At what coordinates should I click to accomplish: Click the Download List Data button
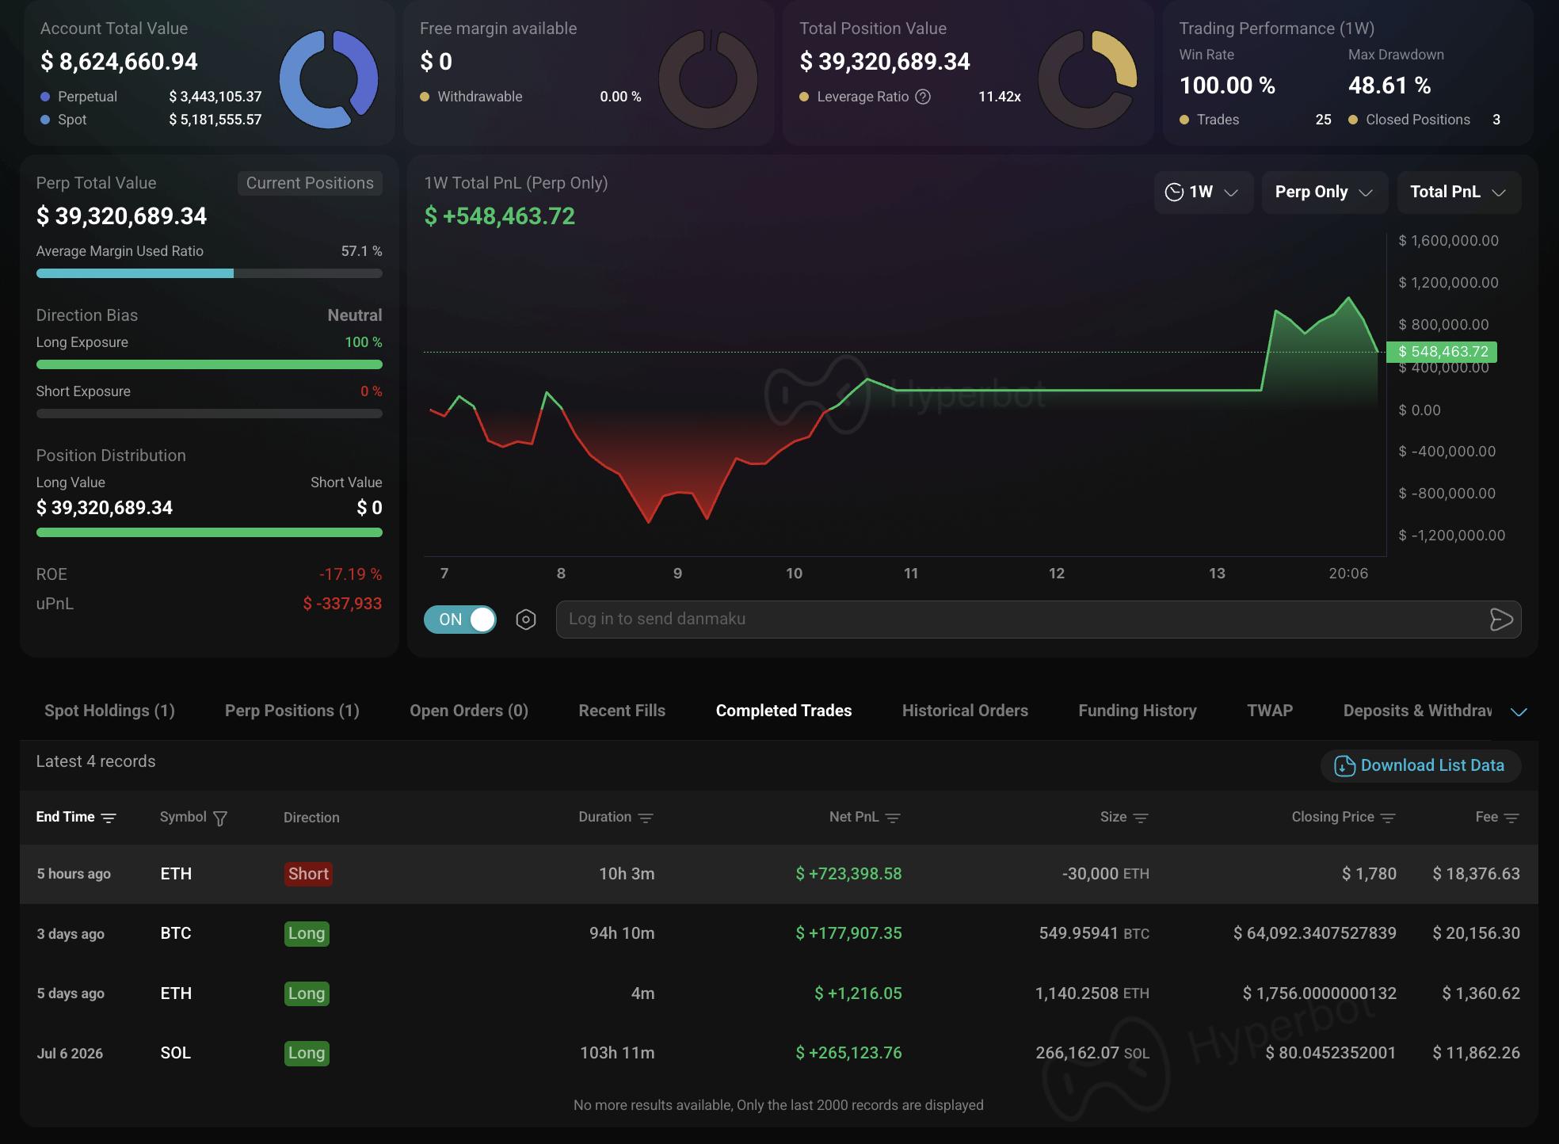1420,765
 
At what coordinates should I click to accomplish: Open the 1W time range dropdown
1203,192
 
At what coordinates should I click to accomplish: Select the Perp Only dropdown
1325,192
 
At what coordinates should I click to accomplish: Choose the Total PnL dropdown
1458,192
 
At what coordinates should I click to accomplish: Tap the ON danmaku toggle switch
460,620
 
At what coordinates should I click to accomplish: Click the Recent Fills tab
622,711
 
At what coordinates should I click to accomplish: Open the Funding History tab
1138,711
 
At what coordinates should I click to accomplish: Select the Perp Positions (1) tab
292,711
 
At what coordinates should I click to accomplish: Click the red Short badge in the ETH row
308,874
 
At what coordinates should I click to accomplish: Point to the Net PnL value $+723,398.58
848,874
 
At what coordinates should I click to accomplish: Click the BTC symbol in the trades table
176,933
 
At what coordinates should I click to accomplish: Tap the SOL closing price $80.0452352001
1330,1053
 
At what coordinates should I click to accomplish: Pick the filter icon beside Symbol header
220,818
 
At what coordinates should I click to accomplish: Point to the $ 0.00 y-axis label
1420,410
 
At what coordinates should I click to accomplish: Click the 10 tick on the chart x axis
794,573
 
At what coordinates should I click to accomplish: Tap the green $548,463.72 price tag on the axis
1442,352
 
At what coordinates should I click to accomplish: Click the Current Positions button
310,183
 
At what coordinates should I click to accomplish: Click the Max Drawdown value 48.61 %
1389,86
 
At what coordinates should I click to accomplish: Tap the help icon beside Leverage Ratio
923,97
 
